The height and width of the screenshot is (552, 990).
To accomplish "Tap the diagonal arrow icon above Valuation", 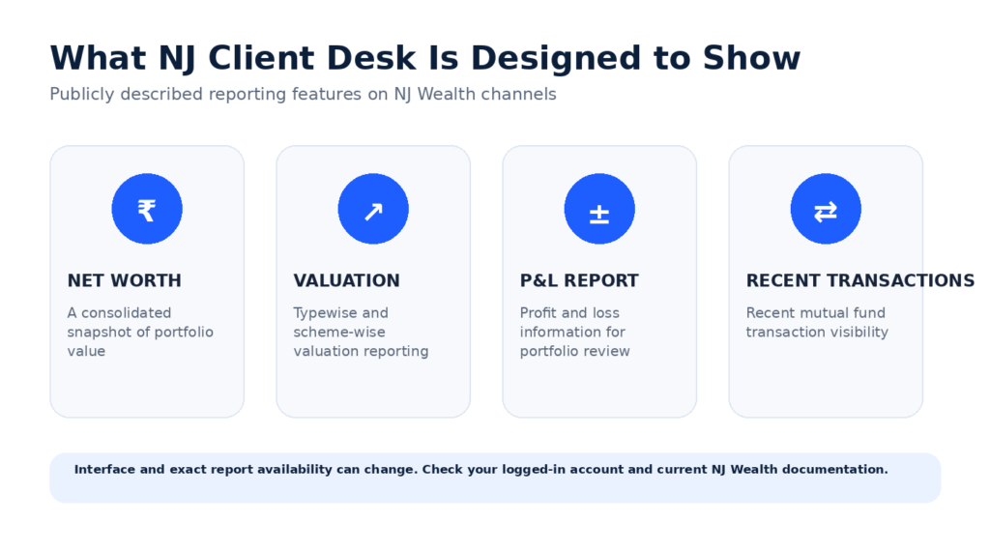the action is point(373,212).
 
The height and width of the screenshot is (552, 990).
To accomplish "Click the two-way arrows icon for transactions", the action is point(826,212).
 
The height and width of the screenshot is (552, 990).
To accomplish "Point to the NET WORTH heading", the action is point(125,280).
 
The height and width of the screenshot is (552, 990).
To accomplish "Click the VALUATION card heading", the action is point(347,280).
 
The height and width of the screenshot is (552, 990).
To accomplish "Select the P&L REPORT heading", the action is point(579,280).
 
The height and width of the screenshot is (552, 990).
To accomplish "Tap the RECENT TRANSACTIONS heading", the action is point(860,280).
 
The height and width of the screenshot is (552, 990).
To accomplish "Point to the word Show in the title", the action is point(751,58).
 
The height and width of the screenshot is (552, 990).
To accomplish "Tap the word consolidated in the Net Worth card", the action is point(127,312).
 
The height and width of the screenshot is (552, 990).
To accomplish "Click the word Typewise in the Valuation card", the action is point(322,313).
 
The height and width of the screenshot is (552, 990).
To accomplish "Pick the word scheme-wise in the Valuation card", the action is point(339,332).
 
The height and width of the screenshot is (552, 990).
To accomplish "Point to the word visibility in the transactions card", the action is point(859,333).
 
